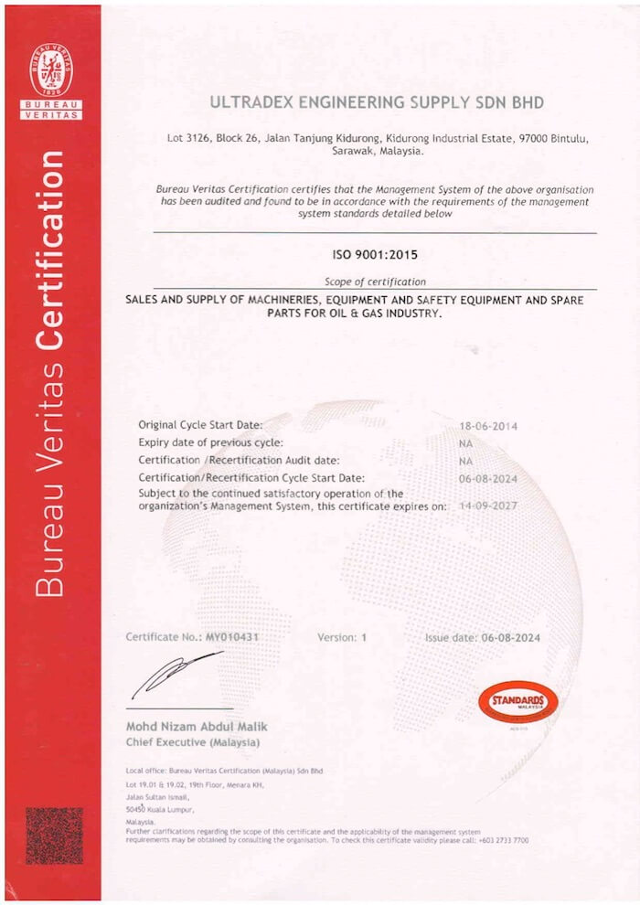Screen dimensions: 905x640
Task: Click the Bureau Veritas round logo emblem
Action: coord(50,69)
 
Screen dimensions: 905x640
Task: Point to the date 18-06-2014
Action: coord(488,425)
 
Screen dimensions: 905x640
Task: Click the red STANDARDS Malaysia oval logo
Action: coord(517,701)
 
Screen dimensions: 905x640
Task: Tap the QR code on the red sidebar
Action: coord(53,836)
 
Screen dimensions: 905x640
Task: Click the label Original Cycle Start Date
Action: coord(200,425)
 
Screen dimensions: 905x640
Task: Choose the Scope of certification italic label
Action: coord(375,282)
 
